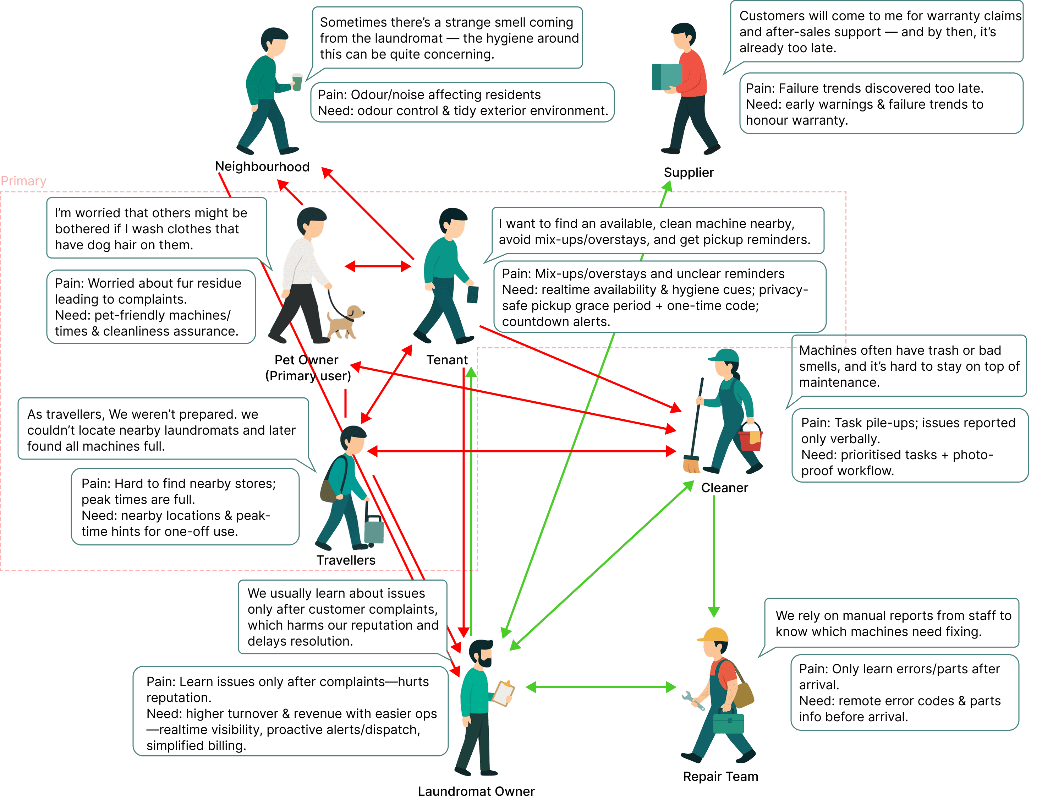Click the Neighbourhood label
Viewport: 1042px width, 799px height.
[262, 167]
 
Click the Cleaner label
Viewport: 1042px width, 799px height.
[724, 488]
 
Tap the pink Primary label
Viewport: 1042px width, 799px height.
[23, 181]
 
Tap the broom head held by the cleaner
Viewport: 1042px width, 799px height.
[691, 464]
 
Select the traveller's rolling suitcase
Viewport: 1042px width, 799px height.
[374, 530]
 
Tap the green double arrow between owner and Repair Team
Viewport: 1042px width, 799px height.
[601, 687]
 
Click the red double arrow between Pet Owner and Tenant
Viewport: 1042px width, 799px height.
[378, 266]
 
